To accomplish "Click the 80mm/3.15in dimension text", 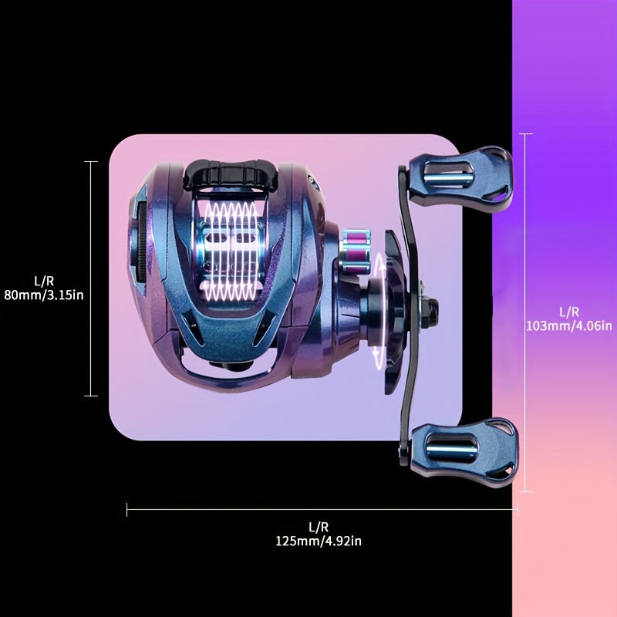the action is point(44,295).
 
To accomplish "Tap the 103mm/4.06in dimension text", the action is point(569,326).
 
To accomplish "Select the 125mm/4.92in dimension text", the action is point(319,541).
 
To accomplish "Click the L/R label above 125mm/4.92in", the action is point(319,528).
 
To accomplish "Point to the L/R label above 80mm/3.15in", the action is point(44,282).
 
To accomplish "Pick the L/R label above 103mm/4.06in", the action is point(569,312).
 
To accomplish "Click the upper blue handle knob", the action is point(460,179).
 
